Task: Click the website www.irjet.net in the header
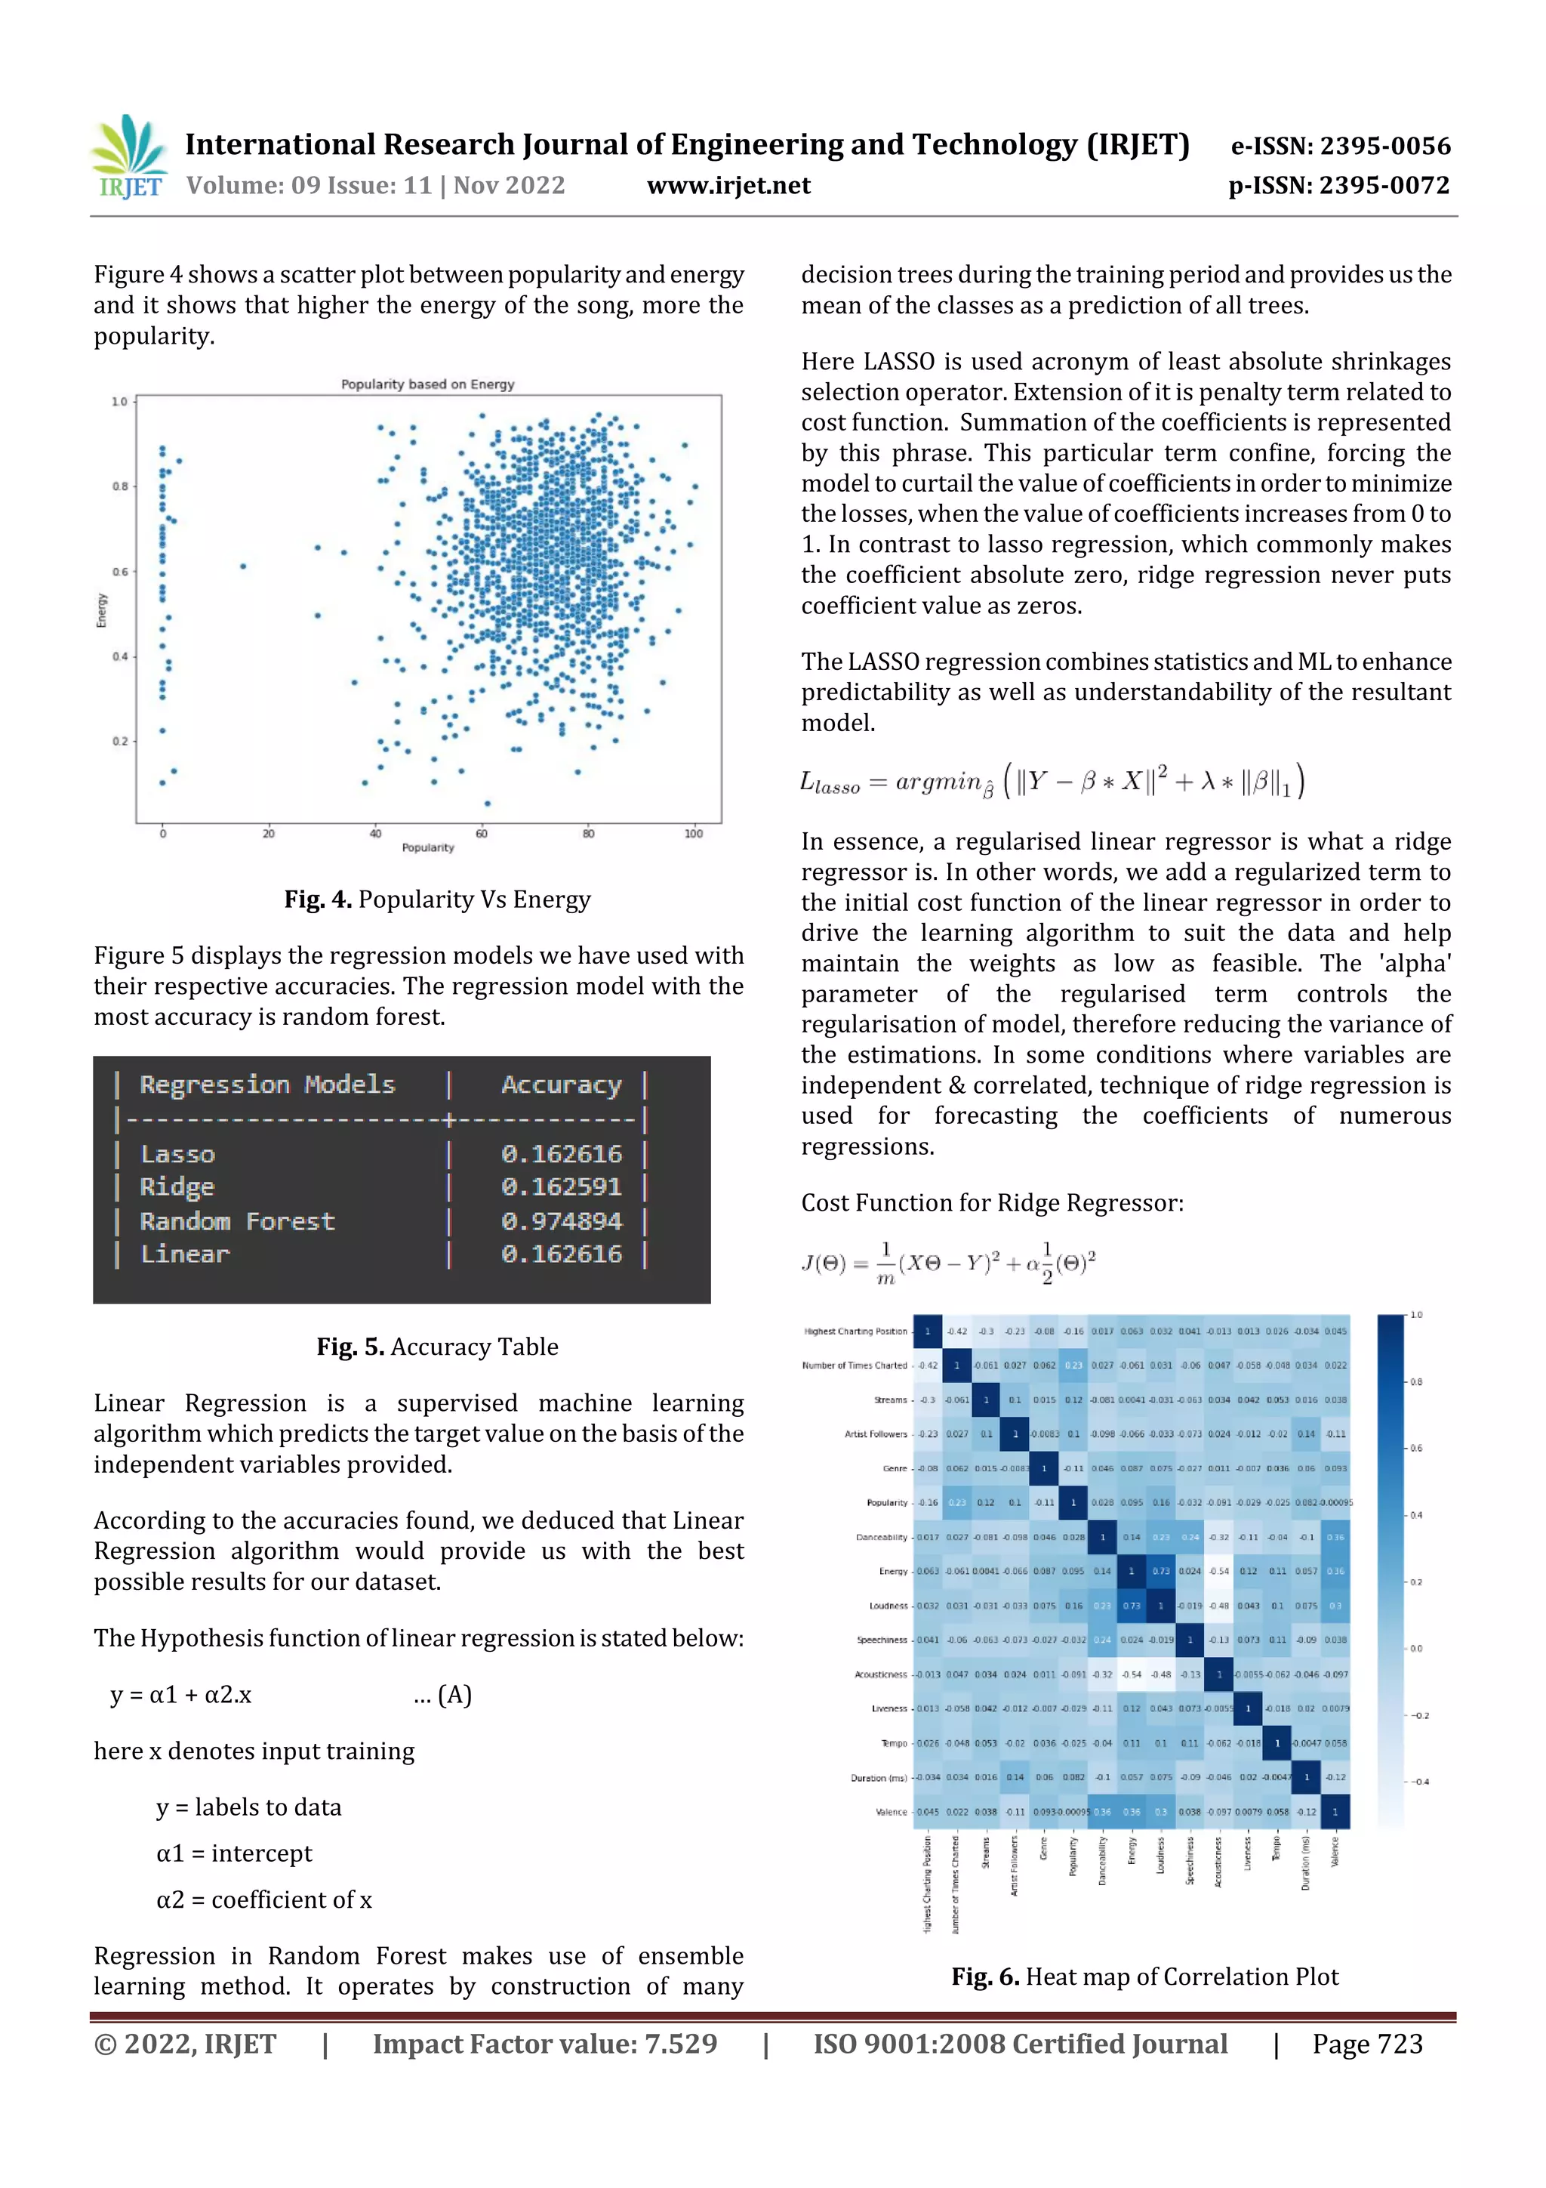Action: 728,186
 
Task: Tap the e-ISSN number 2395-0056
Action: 1339,146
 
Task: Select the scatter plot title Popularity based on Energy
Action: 428,384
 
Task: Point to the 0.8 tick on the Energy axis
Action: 120,486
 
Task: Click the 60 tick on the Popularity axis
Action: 482,834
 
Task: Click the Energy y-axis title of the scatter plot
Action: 101,610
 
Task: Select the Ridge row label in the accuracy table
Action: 177,1187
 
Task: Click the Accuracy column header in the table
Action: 561,1085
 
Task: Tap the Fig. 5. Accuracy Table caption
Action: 437,1347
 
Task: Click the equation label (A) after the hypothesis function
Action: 454,1694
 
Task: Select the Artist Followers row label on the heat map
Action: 876,1434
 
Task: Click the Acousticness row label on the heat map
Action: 880,1674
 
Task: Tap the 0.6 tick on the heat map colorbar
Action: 1415,1449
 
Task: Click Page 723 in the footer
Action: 1367,2044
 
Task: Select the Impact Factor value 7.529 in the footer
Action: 544,2044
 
